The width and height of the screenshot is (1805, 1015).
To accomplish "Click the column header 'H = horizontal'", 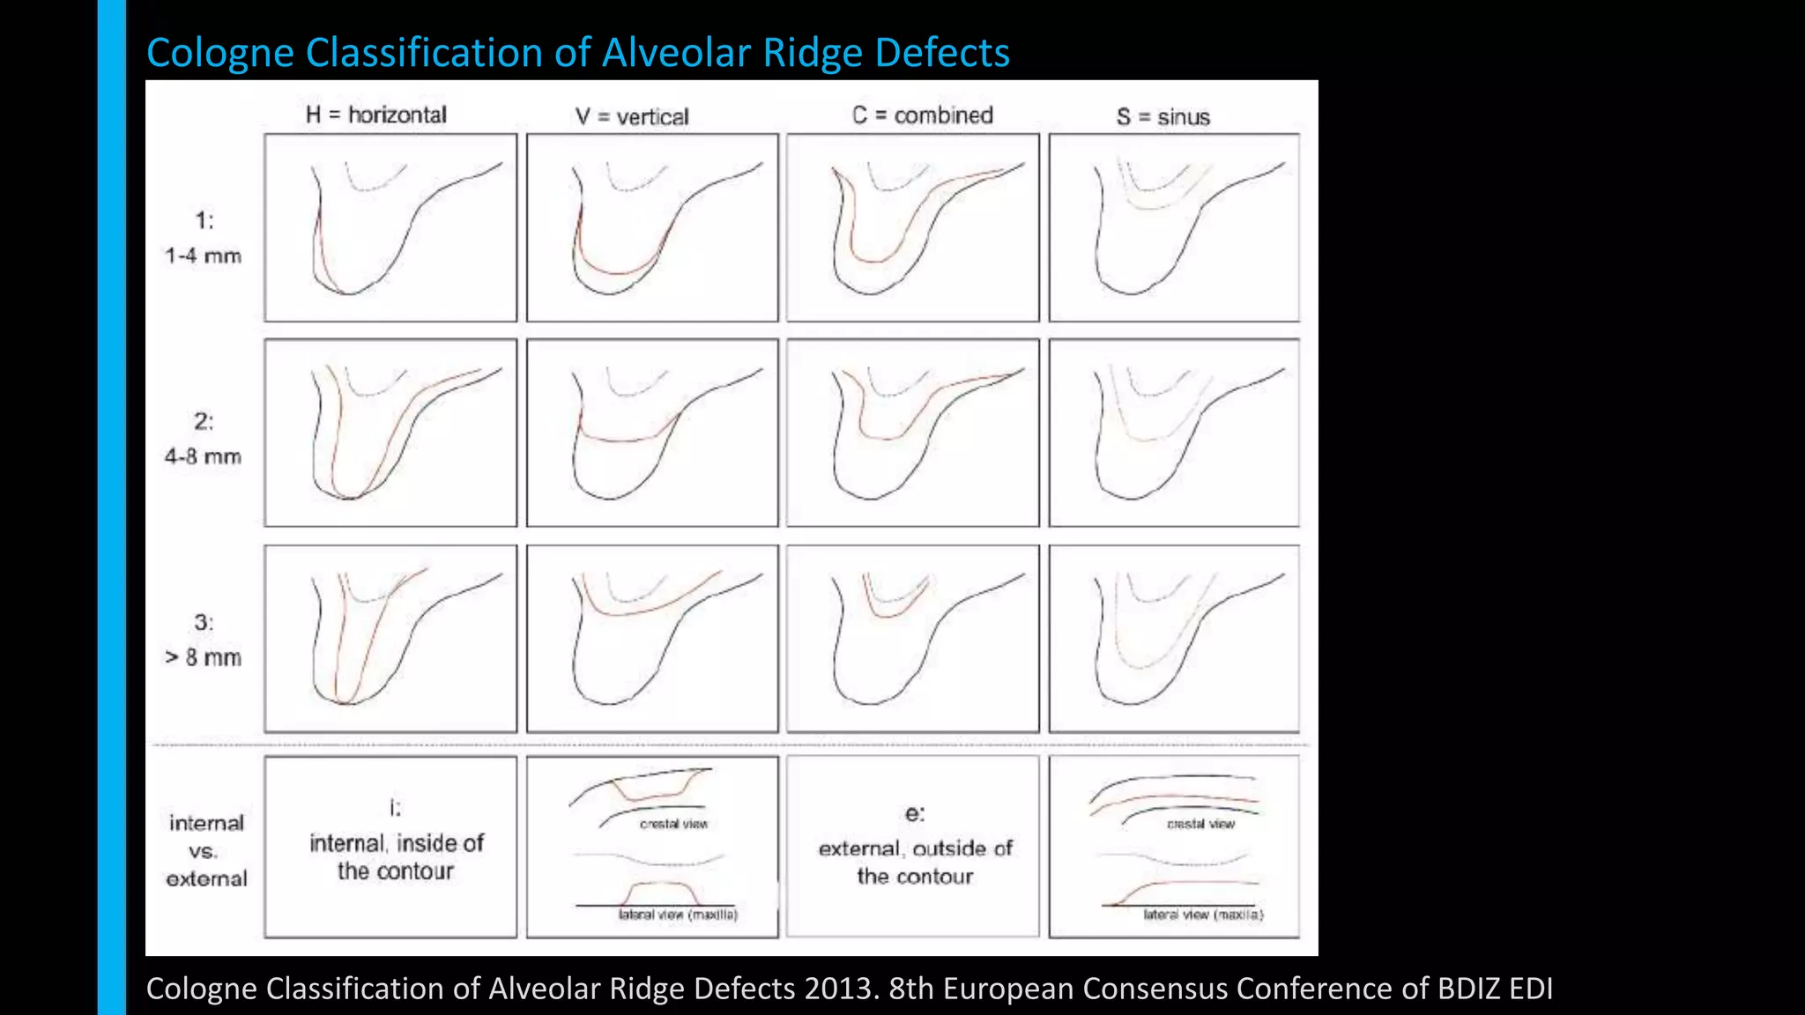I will (376, 115).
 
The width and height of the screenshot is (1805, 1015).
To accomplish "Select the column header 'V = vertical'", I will (632, 116).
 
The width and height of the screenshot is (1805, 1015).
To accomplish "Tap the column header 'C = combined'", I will (922, 115).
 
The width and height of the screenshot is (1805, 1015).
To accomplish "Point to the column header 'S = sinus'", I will (1162, 116).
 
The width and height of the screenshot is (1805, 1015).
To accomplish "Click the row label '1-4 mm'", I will (203, 256).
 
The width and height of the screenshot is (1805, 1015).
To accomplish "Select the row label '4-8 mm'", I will (203, 456).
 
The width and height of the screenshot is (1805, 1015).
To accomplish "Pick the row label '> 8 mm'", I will (203, 657).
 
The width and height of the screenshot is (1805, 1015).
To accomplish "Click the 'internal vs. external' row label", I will (206, 850).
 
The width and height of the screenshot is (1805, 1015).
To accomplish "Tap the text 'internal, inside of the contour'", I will (396, 856).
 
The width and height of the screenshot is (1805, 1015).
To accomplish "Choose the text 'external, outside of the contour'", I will (915, 862).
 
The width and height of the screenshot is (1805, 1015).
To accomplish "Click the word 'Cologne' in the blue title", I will (220, 53).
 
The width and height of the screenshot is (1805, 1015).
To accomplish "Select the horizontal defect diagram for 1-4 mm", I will (390, 227).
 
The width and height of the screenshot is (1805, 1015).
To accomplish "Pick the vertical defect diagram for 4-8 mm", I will (652, 433).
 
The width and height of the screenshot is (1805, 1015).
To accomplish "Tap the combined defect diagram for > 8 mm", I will (912, 639).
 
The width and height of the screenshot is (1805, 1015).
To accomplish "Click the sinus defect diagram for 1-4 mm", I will (1174, 227).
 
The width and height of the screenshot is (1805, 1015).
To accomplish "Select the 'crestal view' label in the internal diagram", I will (673, 824).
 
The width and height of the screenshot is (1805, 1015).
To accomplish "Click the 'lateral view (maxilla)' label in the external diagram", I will (1203, 915).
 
